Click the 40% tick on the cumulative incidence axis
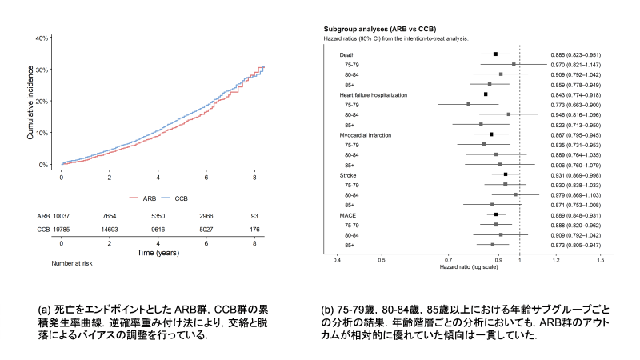tap(43, 38)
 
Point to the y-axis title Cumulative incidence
tap(30, 100)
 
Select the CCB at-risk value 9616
tap(158, 229)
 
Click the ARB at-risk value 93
tap(254, 216)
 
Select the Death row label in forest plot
tap(348, 54)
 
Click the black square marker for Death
tap(495, 54)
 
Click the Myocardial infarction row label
tap(366, 135)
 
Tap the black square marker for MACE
tap(496, 215)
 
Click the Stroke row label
tap(349, 175)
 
